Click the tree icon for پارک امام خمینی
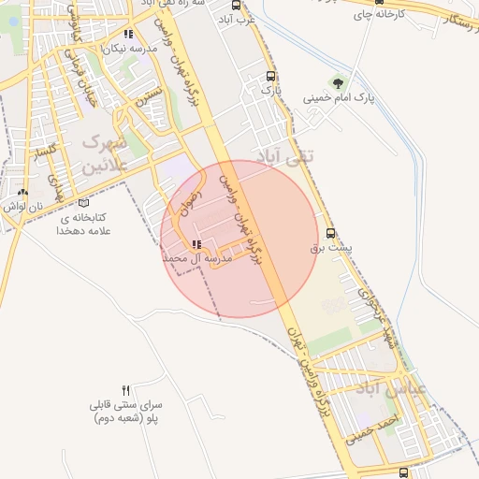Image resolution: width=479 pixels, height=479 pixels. pos(338,82)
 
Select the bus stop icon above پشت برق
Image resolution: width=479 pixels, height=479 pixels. pos(329,234)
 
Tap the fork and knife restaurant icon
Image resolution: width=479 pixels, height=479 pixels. pos(126,389)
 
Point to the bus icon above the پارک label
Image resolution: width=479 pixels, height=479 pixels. pos(271,77)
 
